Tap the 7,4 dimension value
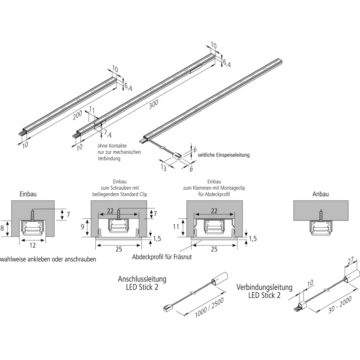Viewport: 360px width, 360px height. point(108,134)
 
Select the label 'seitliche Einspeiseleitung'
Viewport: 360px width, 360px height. point(224,155)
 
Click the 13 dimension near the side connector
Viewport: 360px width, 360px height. point(163,167)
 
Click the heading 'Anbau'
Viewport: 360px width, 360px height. point(321,194)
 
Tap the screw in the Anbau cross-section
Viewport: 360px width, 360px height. point(320,215)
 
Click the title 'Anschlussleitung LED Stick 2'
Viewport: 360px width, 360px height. point(142,283)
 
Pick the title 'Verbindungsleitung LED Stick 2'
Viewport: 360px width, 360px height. point(265,291)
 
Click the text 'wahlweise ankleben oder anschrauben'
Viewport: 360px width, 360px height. point(48,259)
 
